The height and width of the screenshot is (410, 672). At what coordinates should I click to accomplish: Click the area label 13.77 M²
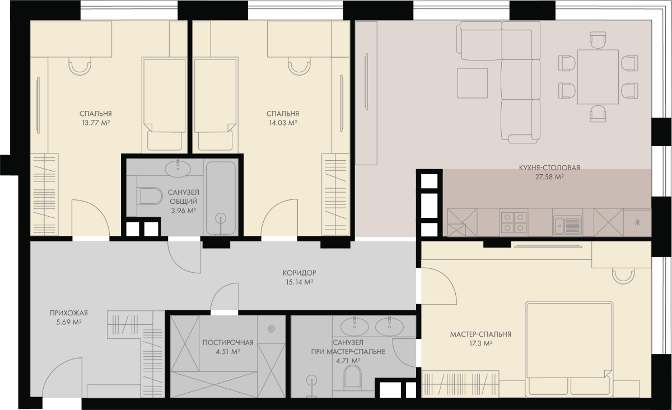click(96, 123)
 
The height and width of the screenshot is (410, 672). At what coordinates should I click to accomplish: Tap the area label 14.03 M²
click(283, 123)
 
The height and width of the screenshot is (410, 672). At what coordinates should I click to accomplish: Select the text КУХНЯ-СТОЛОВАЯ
click(549, 168)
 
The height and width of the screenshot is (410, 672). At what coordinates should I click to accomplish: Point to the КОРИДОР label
click(300, 273)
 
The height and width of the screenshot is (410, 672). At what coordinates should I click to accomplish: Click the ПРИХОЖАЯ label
click(69, 313)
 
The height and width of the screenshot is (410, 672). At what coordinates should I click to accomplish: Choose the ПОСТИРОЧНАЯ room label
click(228, 342)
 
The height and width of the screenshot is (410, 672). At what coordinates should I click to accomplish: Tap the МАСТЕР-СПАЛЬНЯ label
click(480, 334)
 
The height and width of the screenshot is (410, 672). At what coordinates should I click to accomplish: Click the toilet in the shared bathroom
click(150, 196)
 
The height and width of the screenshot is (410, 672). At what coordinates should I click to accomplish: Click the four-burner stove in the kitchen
click(514, 222)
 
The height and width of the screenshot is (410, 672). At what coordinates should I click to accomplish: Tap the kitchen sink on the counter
click(568, 225)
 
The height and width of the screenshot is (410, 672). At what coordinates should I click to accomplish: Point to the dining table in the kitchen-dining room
click(598, 77)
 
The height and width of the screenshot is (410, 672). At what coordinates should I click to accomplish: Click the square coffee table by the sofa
click(473, 83)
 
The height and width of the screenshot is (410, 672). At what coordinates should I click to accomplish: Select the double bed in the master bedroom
click(569, 349)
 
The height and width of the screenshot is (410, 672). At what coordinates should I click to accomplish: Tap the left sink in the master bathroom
click(355, 326)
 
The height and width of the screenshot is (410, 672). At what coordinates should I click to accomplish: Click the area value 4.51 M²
click(228, 352)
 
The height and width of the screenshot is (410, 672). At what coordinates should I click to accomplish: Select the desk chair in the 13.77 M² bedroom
click(80, 66)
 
